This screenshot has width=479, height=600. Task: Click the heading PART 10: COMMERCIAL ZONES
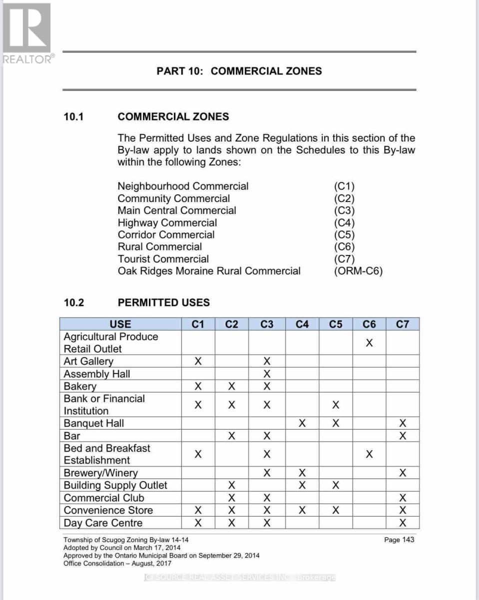pyautogui.click(x=239, y=71)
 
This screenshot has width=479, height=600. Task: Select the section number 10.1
pyautogui.click(x=74, y=117)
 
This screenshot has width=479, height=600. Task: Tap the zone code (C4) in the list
pyautogui.click(x=344, y=222)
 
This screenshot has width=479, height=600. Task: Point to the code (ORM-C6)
pyautogui.click(x=358, y=271)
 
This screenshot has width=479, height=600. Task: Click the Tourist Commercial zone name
pyautogui.click(x=163, y=259)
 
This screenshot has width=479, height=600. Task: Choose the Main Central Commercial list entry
pyautogui.click(x=177, y=210)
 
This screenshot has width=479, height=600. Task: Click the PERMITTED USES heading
pyautogui.click(x=164, y=302)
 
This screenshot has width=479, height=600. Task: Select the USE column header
pyautogui.click(x=120, y=324)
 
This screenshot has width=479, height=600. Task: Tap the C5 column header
pyautogui.click(x=336, y=324)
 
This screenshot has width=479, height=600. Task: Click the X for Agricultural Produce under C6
pyautogui.click(x=369, y=343)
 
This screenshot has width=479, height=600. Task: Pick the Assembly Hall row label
pyautogui.click(x=97, y=374)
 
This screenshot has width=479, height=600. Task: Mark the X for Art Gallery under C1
pyautogui.click(x=198, y=361)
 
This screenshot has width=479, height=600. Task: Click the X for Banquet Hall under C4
pyautogui.click(x=302, y=423)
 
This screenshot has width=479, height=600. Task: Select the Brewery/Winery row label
pyautogui.click(x=101, y=473)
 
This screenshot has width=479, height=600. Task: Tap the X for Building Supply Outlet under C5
pyautogui.click(x=336, y=485)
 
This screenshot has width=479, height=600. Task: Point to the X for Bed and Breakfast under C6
pyautogui.click(x=369, y=454)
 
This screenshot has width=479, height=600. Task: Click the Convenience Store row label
pyautogui.click(x=108, y=510)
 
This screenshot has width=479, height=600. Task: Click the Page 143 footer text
pyautogui.click(x=399, y=539)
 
